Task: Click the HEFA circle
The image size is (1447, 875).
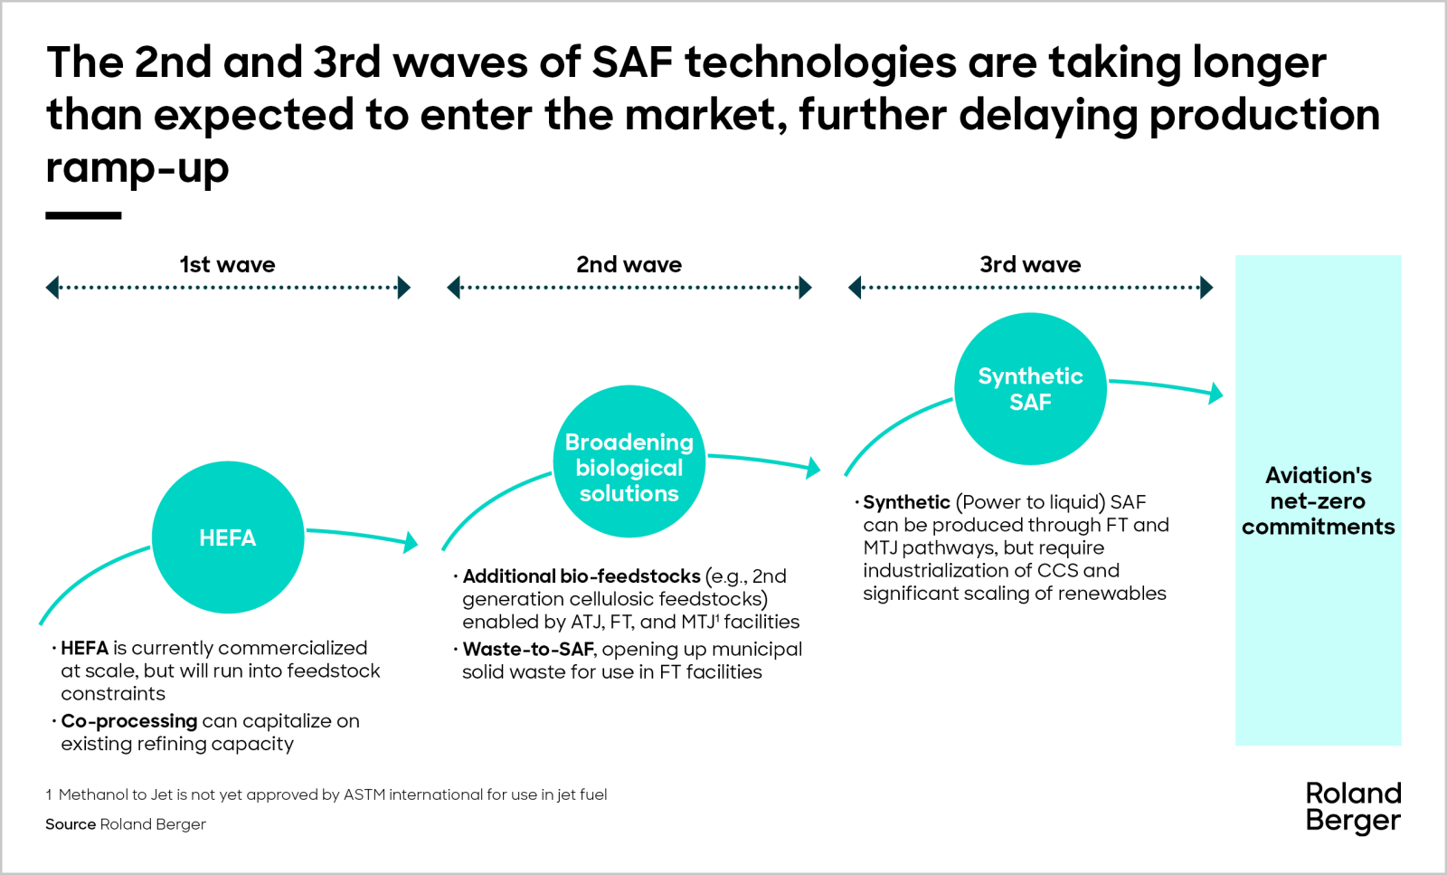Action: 228,537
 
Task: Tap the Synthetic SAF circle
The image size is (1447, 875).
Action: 1030,389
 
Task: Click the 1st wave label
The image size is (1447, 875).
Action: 228,264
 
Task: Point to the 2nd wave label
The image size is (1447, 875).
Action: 629,264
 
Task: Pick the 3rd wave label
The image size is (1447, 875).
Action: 1030,264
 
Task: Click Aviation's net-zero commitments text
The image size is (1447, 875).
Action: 1318,500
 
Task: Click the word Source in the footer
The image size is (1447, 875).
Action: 71,824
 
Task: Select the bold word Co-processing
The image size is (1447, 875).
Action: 128,721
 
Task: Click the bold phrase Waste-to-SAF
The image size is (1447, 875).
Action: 528,649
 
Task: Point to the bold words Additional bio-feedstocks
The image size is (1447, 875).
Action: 582,576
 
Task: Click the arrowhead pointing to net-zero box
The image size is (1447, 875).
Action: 1216,393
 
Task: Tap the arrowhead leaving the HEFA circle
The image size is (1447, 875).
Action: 411,542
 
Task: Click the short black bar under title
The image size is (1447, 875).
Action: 83,215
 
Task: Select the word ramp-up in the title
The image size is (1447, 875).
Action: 137,167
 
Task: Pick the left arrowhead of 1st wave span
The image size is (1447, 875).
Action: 52,288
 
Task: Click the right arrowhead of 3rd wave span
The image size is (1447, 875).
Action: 1206,288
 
